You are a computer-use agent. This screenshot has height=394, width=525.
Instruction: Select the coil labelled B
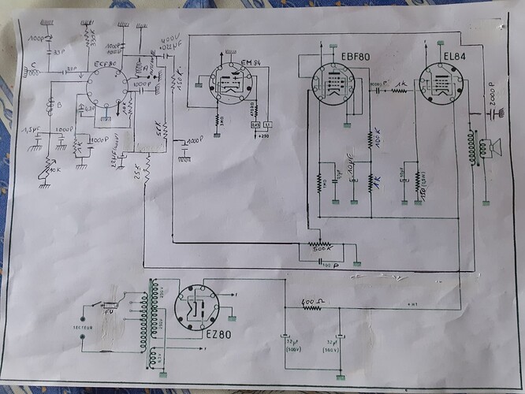pyautogui.click(x=49, y=103)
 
